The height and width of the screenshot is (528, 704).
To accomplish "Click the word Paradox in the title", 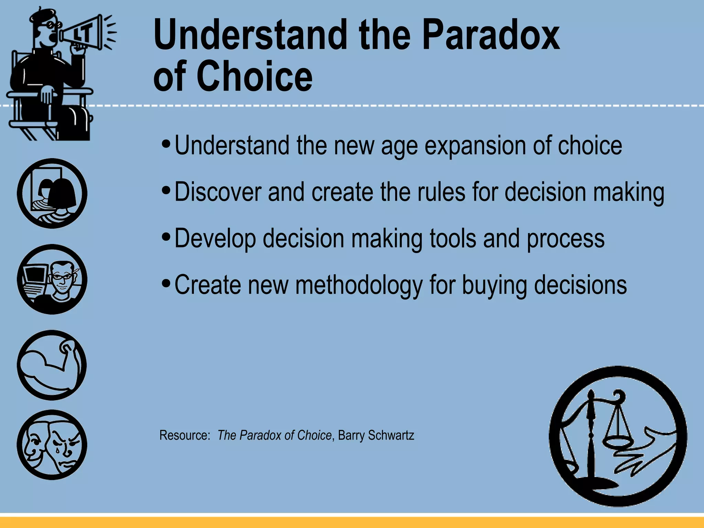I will click(491, 35).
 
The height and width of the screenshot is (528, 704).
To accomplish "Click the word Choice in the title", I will click(254, 76).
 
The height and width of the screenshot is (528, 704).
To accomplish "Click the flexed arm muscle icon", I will click(52, 365).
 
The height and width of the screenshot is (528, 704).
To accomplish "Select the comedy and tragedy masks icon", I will click(52, 444).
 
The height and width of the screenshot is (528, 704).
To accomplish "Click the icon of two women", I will click(52, 193).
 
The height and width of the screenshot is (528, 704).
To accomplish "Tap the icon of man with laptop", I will click(52, 279).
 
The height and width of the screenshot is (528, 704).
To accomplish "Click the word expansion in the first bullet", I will click(474, 146).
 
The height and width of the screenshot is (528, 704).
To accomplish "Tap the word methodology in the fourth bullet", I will click(359, 285).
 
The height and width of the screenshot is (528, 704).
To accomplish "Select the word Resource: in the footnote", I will click(185, 435).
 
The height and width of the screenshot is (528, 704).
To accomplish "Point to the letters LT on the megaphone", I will click(82, 34).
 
